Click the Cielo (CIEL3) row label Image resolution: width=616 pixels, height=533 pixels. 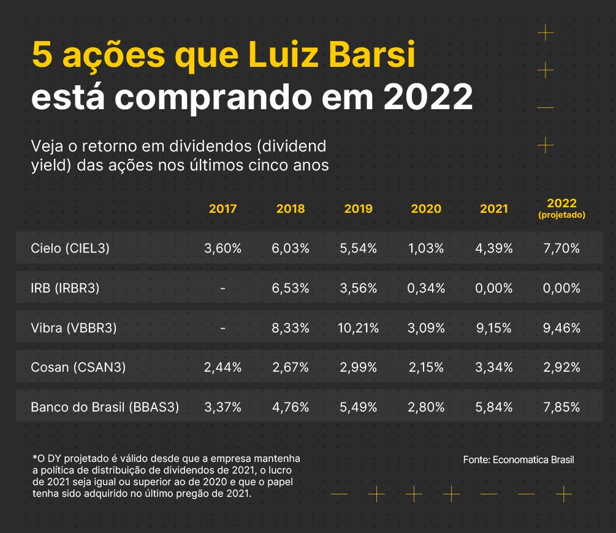(x=70, y=248)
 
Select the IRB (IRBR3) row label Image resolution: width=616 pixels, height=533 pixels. (x=65, y=288)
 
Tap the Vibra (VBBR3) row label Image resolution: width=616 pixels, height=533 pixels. (x=74, y=328)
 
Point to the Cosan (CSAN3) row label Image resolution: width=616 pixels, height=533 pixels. (x=78, y=367)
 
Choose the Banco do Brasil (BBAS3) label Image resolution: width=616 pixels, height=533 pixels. (x=105, y=407)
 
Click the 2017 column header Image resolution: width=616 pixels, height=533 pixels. (x=222, y=209)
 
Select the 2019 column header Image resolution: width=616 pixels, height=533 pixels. (x=358, y=209)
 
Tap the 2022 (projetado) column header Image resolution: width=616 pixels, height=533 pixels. (x=561, y=208)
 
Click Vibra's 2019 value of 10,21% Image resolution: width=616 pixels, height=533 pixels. (x=358, y=328)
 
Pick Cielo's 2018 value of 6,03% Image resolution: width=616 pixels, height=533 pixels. (x=291, y=248)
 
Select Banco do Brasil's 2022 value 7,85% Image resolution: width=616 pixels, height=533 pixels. (x=561, y=407)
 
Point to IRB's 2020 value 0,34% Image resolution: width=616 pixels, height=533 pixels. (x=426, y=288)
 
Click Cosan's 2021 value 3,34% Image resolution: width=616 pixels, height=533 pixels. (x=494, y=367)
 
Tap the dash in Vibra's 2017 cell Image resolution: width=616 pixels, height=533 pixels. (x=222, y=328)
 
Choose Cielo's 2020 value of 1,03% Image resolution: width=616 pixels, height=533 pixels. (x=426, y=248)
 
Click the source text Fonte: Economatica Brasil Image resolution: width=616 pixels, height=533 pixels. (x=519, y=459)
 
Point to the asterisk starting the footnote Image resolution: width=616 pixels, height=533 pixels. (x=34, y=458)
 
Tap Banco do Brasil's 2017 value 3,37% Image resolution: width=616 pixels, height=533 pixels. (x=222, y=407)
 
